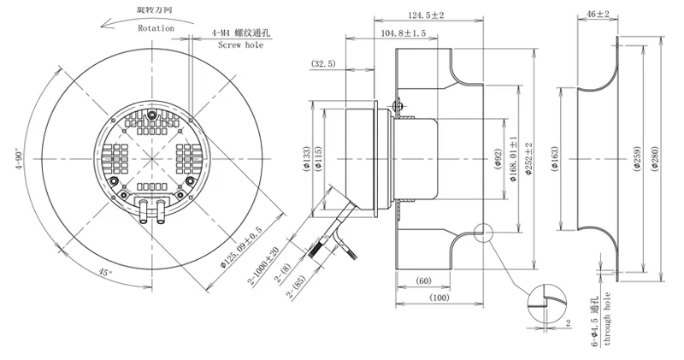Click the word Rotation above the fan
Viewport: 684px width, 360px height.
[x=156, y=28]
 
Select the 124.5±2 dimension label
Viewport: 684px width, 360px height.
[x=426, y=15]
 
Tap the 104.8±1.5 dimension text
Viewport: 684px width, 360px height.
[x=404, y=33]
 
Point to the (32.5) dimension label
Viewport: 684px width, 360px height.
[x=323, y=64]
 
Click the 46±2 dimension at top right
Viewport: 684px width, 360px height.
[x=598, y=15]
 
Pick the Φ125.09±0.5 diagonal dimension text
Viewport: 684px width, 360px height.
[x=241, y=247]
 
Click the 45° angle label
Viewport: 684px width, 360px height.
[x=105, y=272]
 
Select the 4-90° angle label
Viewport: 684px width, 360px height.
[x=21, y=159]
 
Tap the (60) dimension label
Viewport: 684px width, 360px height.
[x=422, y=280]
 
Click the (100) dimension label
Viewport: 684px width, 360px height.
[x=439, y=298]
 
